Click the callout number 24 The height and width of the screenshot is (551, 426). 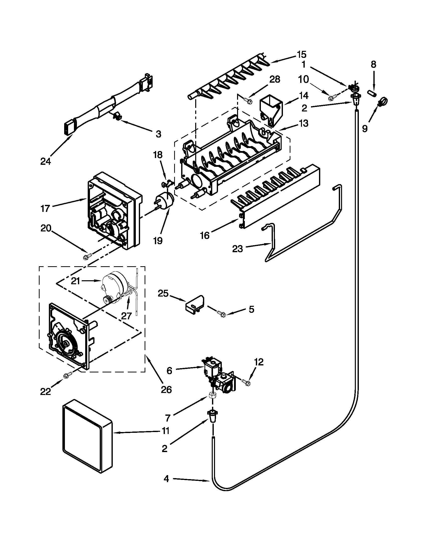pyautogui.click(x=45, y=161)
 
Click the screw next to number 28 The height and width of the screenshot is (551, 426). pyautogui.click(x=248, y=101)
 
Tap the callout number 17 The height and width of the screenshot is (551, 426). pyautogui.click(x=45, y=208)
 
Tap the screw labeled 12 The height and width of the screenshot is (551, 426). pyautogui.click(x=245, y=382)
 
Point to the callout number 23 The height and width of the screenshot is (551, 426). pyautogui.click(x=237, y=249)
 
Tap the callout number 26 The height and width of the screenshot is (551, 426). pyautogui.click(x=166, y=389)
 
